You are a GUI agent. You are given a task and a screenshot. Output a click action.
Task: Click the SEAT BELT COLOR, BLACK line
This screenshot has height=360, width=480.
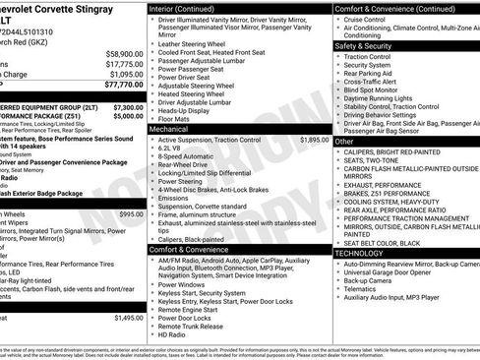[383, 241]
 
